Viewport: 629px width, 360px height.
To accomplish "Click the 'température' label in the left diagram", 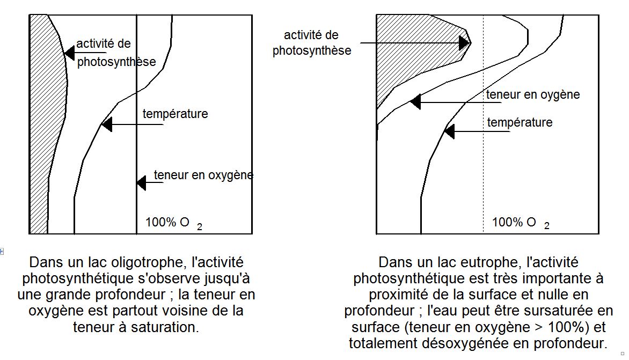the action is click(175, 114).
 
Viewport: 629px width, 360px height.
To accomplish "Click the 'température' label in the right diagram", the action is click(520, 122).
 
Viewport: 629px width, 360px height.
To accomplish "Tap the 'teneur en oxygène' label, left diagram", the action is click(203, 175).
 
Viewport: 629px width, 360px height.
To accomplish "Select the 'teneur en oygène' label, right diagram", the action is click(533, 94).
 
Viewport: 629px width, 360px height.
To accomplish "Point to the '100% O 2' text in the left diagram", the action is click(174, 223).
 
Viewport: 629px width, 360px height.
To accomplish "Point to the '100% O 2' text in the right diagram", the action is click(521, 223).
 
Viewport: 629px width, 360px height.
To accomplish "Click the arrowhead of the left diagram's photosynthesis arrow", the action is click(69, 53).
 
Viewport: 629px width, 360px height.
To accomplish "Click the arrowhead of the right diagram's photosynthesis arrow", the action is click(465, 42).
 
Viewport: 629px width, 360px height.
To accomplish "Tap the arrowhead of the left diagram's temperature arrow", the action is click(107, 124).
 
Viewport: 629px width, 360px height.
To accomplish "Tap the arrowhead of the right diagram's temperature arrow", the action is click(450, 131).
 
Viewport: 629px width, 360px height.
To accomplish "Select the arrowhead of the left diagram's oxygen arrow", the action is click(141, 183).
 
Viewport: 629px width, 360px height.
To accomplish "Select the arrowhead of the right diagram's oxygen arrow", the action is click(415, 102).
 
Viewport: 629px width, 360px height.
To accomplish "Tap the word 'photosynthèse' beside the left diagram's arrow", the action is click(116, 62).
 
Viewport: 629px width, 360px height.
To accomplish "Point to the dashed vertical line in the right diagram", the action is click(484, 124).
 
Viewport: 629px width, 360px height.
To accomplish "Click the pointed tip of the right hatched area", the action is click(471, 42).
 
